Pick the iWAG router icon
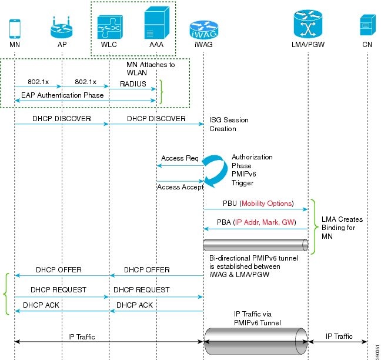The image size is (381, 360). [x=203, y=29]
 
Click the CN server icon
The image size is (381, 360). [x=367, y=26]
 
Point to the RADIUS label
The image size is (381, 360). [x=133, y=84]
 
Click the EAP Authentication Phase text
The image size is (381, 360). [x=62, y=95]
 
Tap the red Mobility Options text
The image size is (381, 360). [x=267, y=204]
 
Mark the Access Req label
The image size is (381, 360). [x=179, y=159]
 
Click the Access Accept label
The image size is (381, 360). [x=180, y=186]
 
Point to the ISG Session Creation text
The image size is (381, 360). [x=229, y=124]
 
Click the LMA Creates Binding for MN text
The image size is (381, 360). [x=342, y=228]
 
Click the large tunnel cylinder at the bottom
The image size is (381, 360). [x=255, y=341]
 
